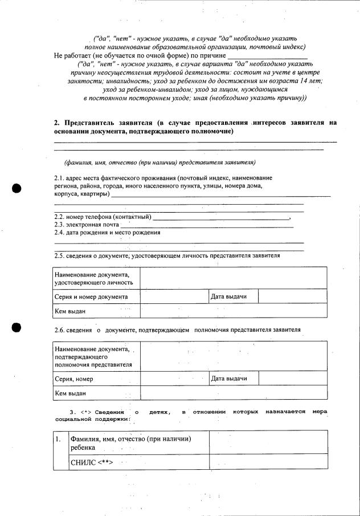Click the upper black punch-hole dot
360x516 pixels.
17,189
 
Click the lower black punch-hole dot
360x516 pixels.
17,328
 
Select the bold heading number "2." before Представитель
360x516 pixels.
57,123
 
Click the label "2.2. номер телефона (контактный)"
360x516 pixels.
103,217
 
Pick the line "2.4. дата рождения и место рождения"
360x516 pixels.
107,233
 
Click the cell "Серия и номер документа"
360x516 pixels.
91,296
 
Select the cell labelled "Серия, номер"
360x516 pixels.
74,379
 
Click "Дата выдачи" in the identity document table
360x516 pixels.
228,296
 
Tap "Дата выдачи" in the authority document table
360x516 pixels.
228,379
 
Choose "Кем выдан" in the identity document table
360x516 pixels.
70,311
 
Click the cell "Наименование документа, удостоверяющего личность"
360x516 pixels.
94,278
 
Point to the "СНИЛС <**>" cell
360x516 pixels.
90,461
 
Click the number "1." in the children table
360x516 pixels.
59,440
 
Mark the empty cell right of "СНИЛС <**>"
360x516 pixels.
268,461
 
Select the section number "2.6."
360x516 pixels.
60,330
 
